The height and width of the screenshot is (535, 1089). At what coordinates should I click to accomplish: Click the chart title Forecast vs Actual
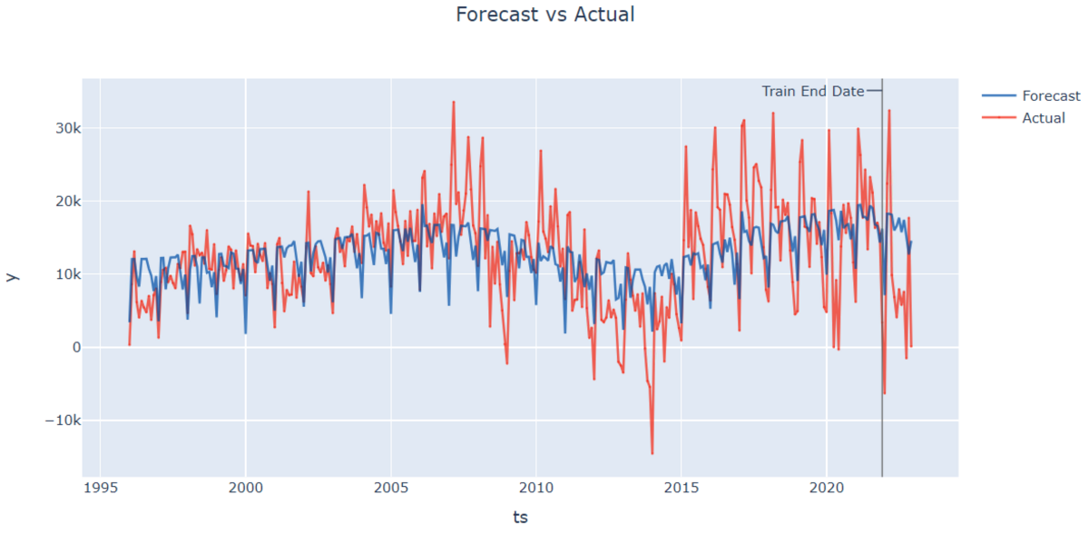[x=544, y=15]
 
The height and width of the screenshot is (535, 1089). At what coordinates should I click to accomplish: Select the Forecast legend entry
[x=1050, y=95]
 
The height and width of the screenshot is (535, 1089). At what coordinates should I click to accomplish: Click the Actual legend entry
[x=1043, y=117]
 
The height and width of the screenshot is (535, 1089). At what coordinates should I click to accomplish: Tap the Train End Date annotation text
[x=812, y=91]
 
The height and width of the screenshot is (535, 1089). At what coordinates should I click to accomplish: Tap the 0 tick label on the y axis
[x=75, y=347]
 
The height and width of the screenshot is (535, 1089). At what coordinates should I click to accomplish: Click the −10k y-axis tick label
[x=61, y=421]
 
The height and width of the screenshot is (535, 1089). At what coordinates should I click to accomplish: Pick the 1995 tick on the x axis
[x=99, y=489]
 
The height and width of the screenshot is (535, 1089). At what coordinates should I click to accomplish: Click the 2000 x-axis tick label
[x=245, y=489]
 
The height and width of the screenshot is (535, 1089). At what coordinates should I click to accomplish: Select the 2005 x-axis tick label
[x=390, y=489]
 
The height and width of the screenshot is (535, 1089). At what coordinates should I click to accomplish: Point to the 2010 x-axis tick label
[x=535, y=489]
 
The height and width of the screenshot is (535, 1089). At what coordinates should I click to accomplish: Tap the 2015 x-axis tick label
[x=682, y=489]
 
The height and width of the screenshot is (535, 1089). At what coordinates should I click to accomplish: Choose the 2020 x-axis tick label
[x=827, y=489]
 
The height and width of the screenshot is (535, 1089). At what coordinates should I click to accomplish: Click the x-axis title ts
[x=520, y=517]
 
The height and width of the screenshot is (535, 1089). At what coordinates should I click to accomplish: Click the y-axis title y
[x=12, y=276]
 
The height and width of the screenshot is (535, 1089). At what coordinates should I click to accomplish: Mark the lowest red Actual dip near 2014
[x=652, y=452]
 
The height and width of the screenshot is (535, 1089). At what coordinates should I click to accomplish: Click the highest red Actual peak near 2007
[x=453, y=102]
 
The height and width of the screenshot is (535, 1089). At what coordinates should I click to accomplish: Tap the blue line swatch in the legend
[x=998, y=95]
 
